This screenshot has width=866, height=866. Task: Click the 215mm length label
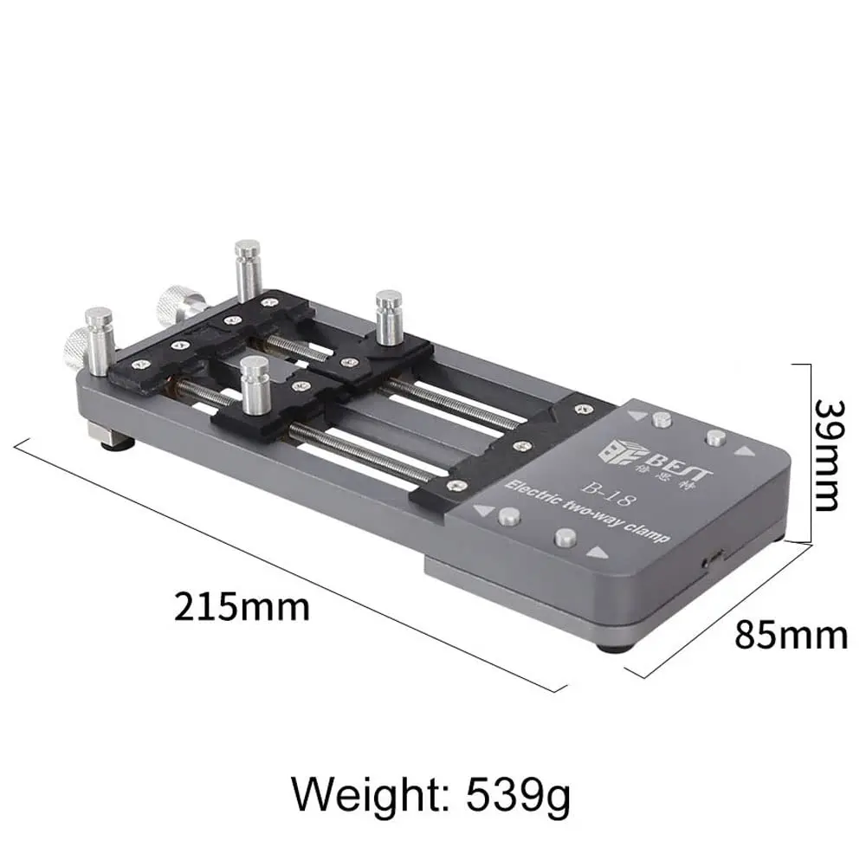click(242, 606)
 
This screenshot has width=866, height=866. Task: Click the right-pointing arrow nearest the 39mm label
click(743, 451)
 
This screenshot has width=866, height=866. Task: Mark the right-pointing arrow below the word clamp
click(595, 552)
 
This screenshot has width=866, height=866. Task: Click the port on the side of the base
click(711, 559)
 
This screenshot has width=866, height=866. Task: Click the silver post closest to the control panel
click(389, 314)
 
